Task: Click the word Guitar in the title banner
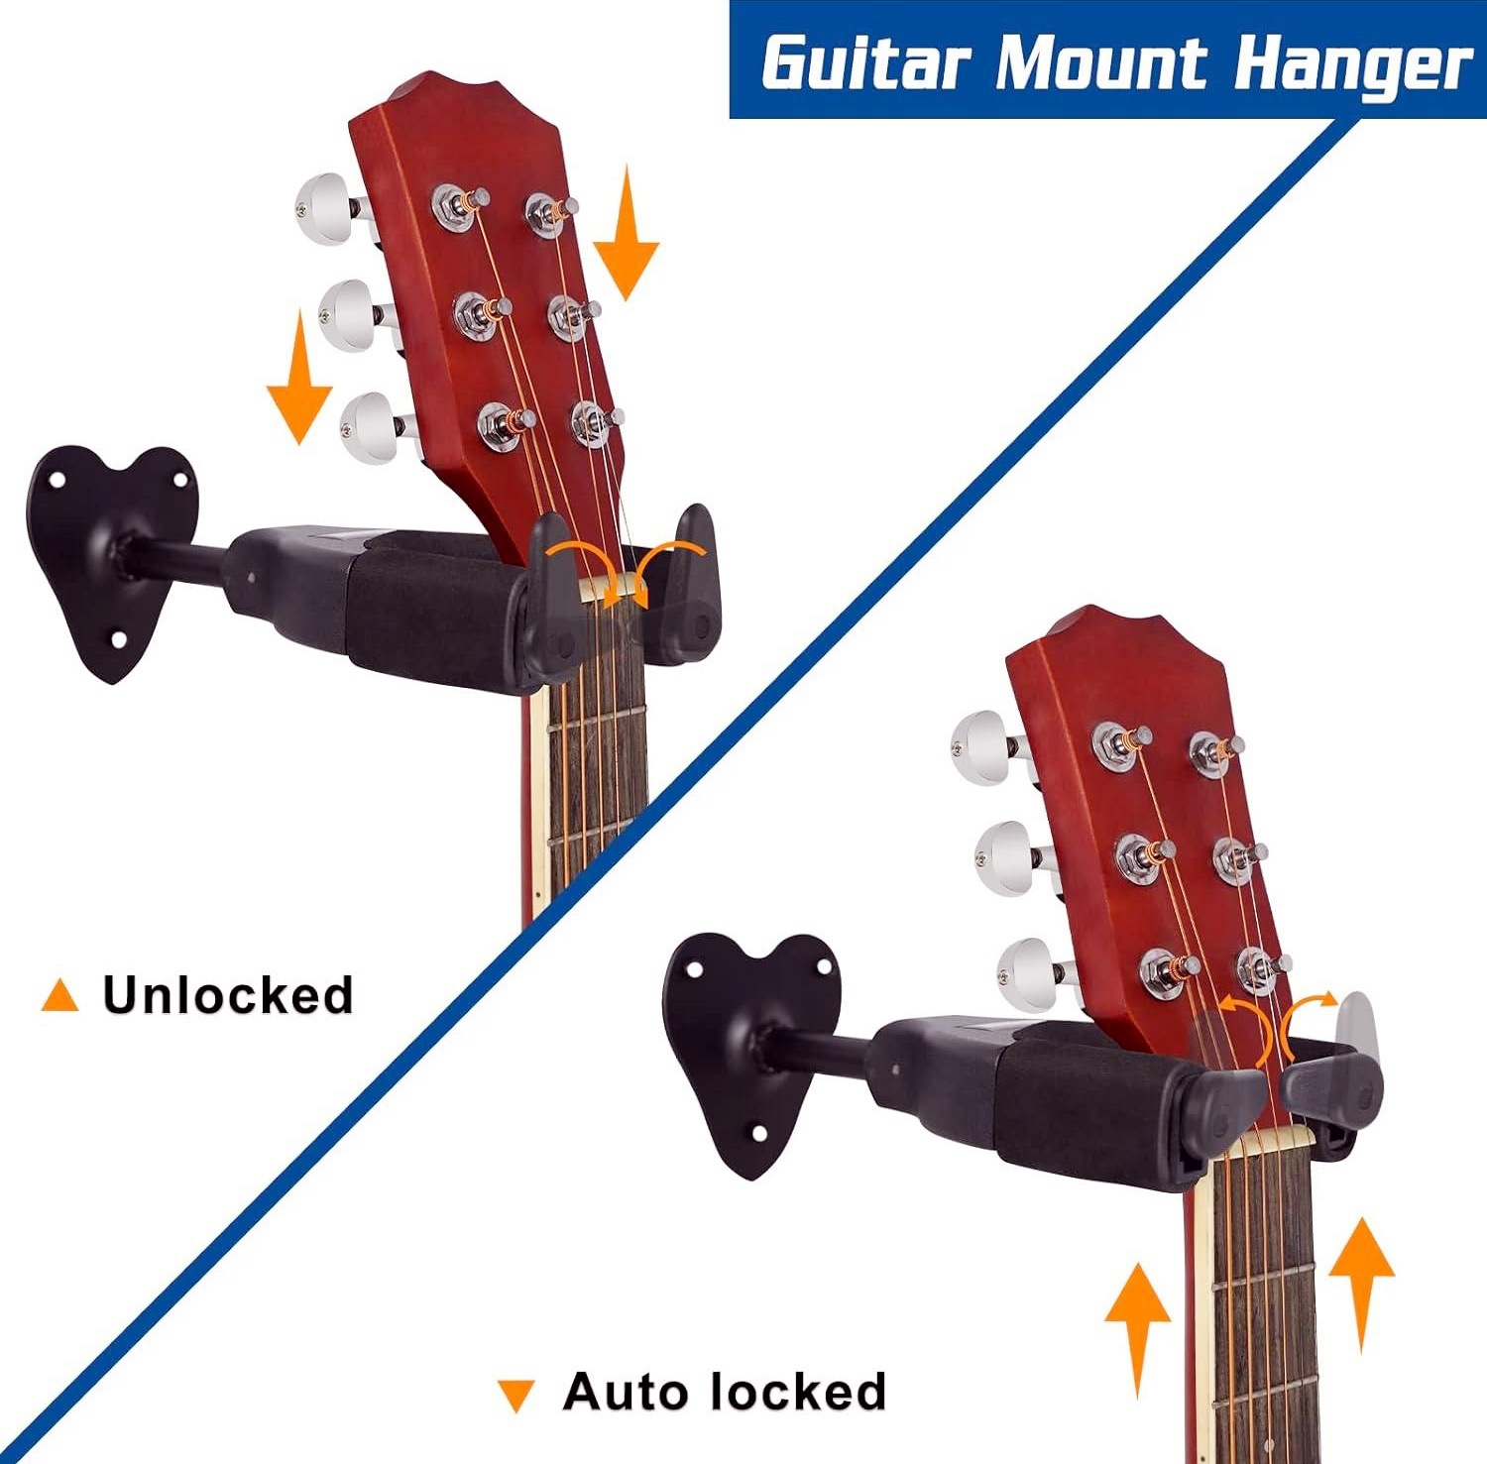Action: coord(864,63)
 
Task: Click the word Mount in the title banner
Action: coord(1101,63)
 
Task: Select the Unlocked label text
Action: coord(228,995)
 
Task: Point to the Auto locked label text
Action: coord(725,1392)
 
